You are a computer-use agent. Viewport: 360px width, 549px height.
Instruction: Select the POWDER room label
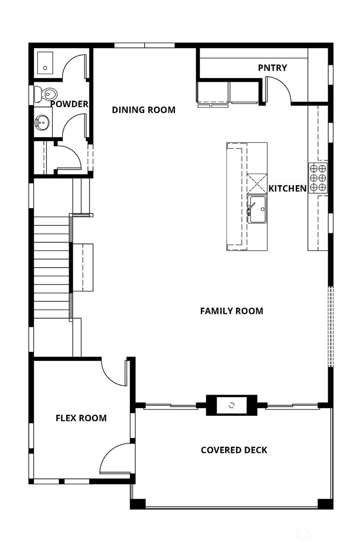click(x=69, y=104)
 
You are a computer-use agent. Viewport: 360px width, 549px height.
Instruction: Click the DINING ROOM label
click(x=143, y=110)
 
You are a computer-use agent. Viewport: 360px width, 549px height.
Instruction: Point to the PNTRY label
click(x=272, y=68)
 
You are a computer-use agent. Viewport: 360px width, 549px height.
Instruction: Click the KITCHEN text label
click(x=287, y=189)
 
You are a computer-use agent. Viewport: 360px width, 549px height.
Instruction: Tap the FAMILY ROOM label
click(x=231, y=311)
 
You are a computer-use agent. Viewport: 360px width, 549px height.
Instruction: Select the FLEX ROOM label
click(x=81, y=418)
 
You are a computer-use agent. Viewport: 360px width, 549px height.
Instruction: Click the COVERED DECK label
click(x=234, y=450)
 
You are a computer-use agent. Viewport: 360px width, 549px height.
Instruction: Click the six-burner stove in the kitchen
click(x=318, y=178)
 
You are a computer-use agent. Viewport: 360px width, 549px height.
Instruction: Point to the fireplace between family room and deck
click(x=231, y=405)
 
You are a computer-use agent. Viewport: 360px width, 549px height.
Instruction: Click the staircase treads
click(x=51, y=267)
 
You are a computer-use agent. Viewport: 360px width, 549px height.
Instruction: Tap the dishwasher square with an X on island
click(x=257, y=183)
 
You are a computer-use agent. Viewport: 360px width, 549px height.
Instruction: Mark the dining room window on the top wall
click(x=144, y=45)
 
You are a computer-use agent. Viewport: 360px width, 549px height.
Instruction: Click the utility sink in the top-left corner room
click(x=45, y=63)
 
